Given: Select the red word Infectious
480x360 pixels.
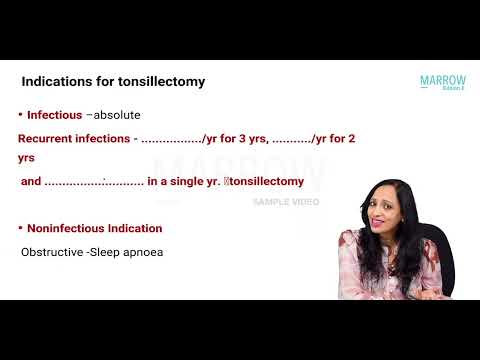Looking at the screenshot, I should [x=54, y=116].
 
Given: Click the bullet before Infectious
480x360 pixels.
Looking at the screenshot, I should [x=21, y=115].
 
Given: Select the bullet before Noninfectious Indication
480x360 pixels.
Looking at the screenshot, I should [x=21, y=228].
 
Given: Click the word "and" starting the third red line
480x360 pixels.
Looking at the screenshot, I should [x=31, y=182].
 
